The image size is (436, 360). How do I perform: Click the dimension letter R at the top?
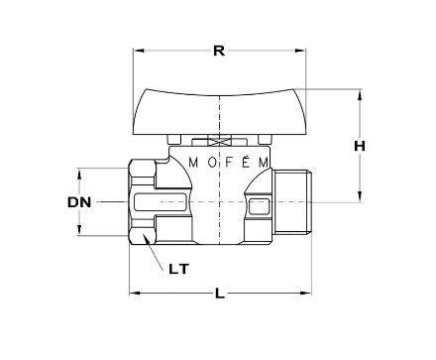(x=219, y=51)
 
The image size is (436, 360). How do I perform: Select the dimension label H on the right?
(x=360, y=146)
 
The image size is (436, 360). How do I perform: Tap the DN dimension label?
(x=79, y=202)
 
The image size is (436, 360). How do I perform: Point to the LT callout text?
(x=179, y=269)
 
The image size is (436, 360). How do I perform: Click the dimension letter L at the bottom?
(x=220, y=294)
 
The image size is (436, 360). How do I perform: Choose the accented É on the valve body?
(x=246, y=162)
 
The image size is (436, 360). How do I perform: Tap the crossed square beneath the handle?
(x=219, y=142)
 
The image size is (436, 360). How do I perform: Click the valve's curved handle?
(x=219, y=112)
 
